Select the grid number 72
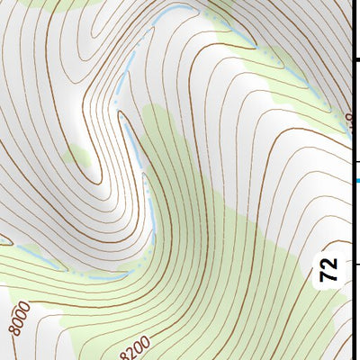pyautogui.click(x=329, y=269)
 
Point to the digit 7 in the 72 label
pyautogui.click(x=329, y=274)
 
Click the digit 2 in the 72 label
pyautogui.click(x=329, y=263)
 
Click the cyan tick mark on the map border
pyautogui.click(x=356, y=181)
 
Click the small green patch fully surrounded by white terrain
pyautogui.click(x=79, y=158)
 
